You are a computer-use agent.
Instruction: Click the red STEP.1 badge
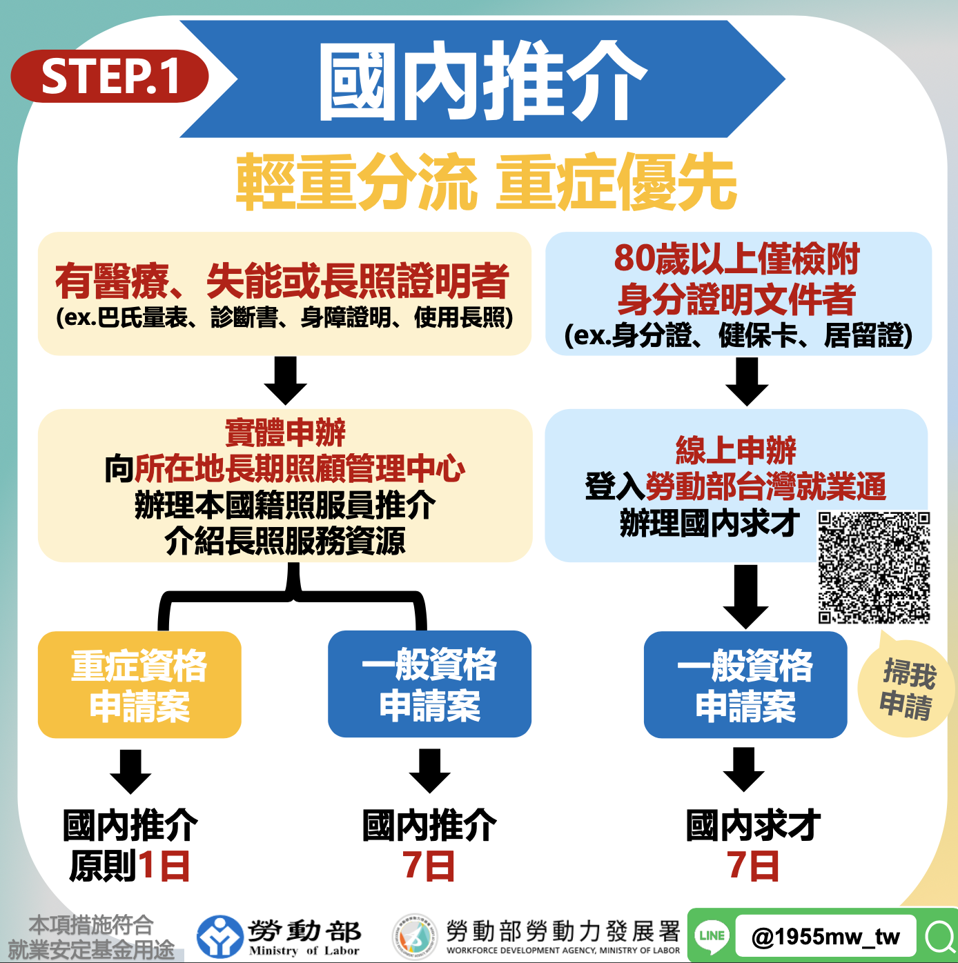[110, 76]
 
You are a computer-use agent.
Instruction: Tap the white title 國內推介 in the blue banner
[482, 80]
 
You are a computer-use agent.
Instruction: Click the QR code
[874, 567]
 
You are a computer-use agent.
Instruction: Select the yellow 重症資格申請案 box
[139, 684]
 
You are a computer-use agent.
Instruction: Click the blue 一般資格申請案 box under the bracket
[429, 684]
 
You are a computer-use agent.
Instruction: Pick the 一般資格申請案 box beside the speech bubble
[745, 684]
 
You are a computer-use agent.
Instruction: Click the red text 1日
[164, 866]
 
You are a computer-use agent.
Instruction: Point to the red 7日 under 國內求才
[753, 866]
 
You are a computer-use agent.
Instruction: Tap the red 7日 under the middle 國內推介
[429, 866]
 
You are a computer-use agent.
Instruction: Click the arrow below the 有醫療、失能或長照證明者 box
[285, 380]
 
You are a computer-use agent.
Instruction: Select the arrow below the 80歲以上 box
[747, 381]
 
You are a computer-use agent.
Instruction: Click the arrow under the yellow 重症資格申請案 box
[130, 772]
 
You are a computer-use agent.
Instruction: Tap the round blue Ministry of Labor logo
[219, 936]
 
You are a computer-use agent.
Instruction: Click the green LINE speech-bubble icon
[712, 935]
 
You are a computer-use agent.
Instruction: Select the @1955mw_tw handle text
[825, 937]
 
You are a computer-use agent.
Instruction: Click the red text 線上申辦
[736, 450]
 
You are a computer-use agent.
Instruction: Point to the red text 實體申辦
[285, 433]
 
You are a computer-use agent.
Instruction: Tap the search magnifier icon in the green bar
[941, 936]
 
